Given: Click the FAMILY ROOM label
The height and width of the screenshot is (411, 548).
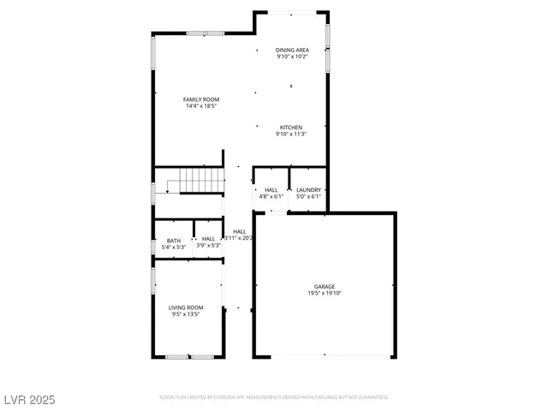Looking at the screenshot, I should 200,99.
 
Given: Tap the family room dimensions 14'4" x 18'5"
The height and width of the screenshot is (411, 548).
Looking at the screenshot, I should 200,106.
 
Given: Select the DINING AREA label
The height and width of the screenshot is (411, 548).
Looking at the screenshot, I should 292,50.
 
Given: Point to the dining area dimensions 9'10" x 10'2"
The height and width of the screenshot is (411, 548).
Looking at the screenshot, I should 292,57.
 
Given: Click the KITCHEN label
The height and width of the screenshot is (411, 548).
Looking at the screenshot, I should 290,127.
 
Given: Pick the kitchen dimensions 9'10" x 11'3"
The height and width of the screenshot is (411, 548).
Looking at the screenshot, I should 290,134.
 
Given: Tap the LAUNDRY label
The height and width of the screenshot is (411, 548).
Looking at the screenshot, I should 308,189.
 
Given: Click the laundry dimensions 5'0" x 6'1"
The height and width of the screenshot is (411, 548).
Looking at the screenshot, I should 308,196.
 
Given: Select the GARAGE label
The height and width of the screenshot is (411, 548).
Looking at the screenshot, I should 324,286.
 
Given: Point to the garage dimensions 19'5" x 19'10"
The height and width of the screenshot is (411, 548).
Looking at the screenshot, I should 324,293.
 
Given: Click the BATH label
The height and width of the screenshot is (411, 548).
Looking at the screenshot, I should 174,240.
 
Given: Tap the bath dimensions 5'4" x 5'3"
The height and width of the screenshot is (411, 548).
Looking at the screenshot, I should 174,246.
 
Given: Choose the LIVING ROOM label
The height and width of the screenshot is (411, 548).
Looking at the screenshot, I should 185,307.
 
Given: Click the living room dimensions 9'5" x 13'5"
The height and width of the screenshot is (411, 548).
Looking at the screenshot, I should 185,313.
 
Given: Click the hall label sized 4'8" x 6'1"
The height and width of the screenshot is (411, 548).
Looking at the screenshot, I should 271,189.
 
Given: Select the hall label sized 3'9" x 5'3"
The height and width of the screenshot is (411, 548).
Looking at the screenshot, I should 208,240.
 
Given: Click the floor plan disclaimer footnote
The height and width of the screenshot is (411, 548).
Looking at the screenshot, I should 274,397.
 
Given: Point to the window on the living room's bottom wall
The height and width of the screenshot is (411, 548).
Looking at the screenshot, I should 189,357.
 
